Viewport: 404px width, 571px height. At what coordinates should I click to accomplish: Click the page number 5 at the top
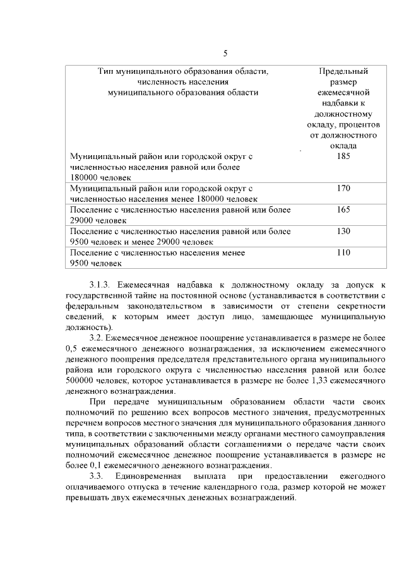(x=225, y=53)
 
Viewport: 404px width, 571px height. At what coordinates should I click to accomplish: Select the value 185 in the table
(x=343, y=156)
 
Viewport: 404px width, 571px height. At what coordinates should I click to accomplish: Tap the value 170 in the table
(x=343, y=188)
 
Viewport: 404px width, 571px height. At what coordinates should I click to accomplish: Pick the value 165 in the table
(x=343, y=209)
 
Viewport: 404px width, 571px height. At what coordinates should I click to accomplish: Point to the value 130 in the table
(x=343, y=231)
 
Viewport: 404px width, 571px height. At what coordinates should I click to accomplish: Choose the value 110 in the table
(x=343, y=252)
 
